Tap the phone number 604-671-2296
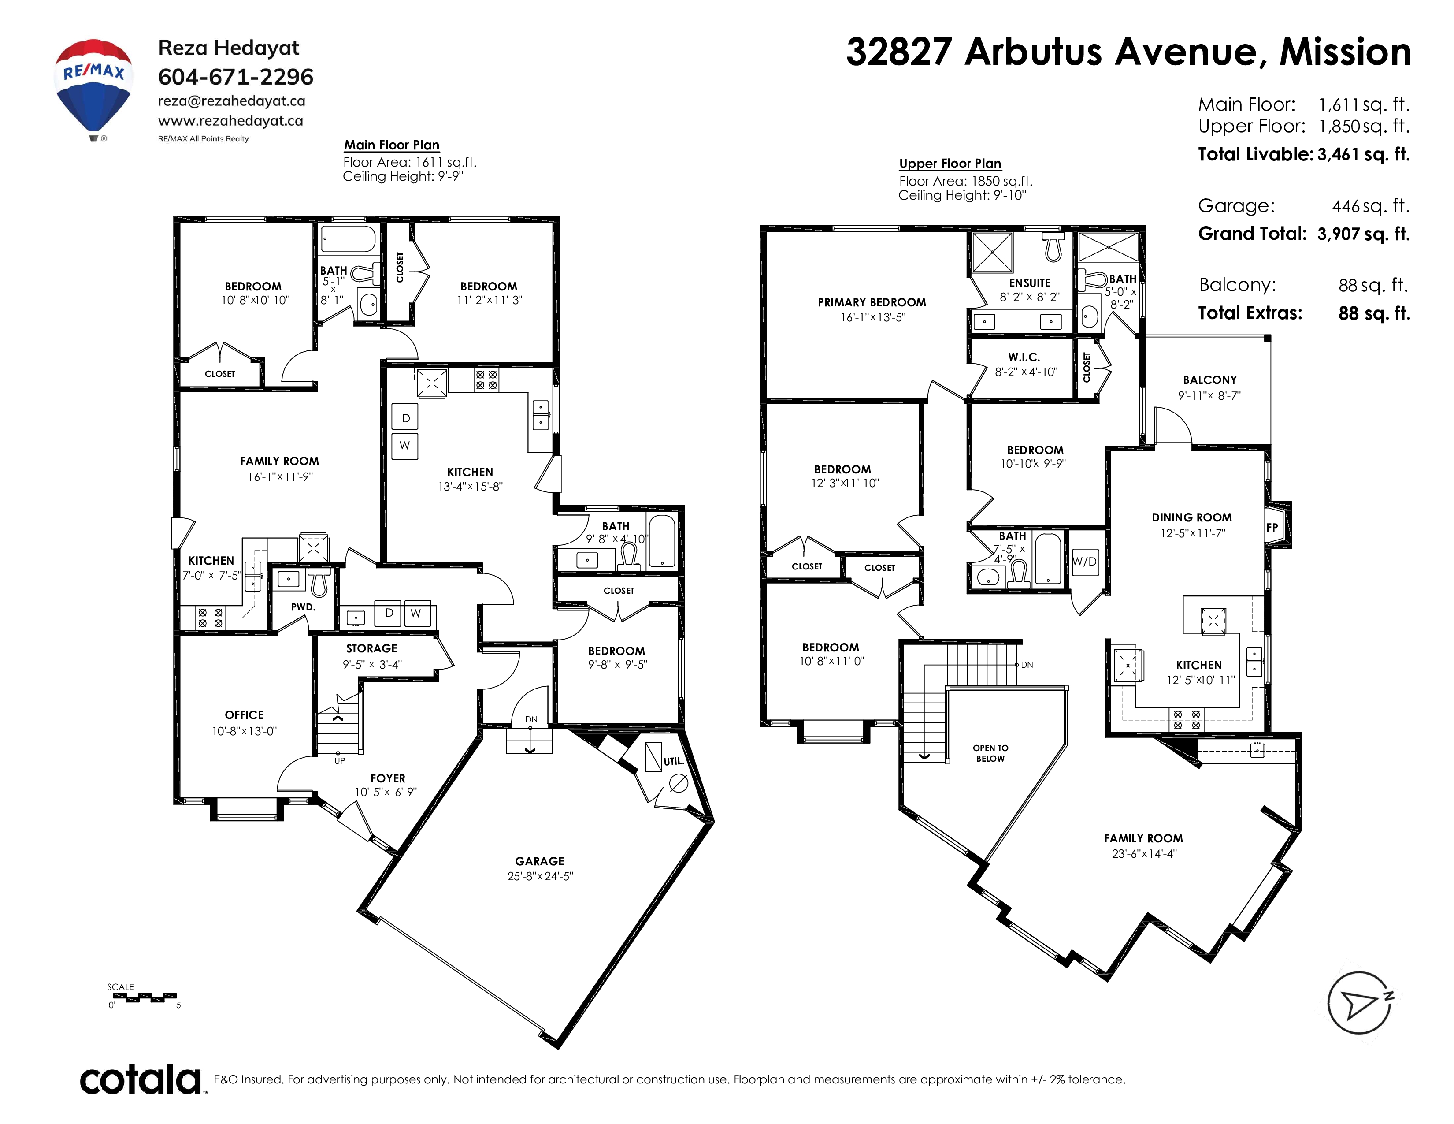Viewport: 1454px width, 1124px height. (236, 77)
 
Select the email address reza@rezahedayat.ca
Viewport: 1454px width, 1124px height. (232, 101)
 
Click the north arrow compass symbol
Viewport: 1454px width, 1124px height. (1360, 1003)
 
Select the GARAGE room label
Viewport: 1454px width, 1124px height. (539, 861)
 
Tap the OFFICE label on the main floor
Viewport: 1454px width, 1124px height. (245, 715)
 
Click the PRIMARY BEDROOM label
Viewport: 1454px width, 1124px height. (872, 302)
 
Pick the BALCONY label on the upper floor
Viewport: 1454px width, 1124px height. (1209, 380)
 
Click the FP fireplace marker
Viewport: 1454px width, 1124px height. (1272, 527)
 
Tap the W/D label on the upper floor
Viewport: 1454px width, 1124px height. (1084, 561)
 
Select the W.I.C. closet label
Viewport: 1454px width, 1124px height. (1024, 357)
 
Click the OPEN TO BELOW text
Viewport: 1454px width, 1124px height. (990, 753)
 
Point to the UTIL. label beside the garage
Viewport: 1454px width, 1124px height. (674, 761)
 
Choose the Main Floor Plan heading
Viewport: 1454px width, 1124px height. (391, 145)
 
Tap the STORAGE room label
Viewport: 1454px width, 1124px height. (371, 648)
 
